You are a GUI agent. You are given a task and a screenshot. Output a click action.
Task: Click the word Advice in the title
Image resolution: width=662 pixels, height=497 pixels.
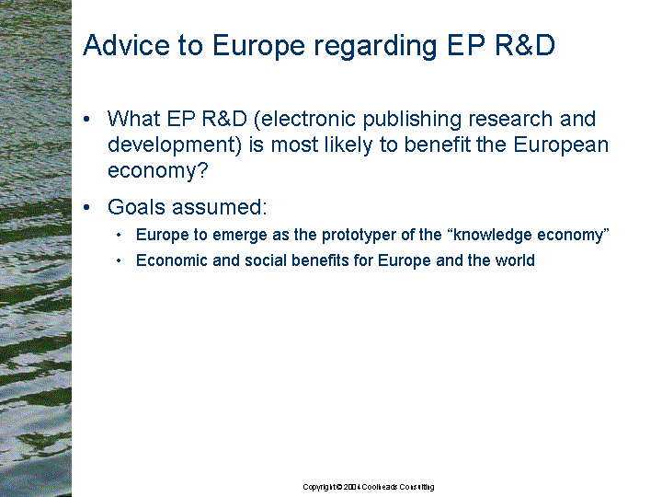click(x=126, y=45)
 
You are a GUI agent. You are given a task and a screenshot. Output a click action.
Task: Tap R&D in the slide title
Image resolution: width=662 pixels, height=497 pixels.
click(x=524, y=45)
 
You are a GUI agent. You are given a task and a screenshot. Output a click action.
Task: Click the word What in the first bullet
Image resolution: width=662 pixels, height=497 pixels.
click(x=134, y=119)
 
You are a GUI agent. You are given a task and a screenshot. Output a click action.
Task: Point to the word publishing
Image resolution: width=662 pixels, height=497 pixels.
click(x=412, y=121)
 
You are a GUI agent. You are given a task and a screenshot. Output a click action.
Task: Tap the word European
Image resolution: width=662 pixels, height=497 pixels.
click(x=561, y=146)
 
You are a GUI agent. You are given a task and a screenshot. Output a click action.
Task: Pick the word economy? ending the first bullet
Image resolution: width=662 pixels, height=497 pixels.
click(x=158, y=172)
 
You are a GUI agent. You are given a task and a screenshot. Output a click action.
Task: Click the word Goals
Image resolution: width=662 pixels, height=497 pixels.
click(x=136, y=207)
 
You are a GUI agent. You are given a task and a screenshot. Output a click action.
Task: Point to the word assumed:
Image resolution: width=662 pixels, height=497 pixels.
click(x=219, y=207)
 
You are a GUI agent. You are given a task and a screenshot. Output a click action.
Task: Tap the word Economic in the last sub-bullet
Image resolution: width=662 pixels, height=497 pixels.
click(x=172, y=260)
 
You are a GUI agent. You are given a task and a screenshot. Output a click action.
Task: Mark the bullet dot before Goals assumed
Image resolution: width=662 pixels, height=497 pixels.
click(x=87, y=207)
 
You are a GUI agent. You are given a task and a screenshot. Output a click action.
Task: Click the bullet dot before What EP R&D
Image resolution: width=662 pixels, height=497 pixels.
click(x=87, y=119)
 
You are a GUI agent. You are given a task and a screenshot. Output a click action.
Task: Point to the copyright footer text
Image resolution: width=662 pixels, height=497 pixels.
click(x=369, y=487)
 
